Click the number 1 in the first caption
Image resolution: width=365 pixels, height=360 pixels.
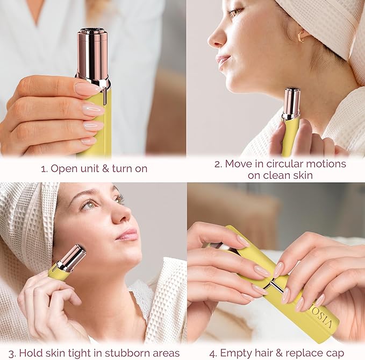[x=43, y=168]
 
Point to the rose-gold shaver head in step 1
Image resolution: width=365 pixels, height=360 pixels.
[x=93, y=54]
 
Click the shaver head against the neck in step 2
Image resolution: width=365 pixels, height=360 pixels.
[x=291, y=103]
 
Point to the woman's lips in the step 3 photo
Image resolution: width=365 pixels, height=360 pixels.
[x=128, y=235]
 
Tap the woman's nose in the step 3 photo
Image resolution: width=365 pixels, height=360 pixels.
[x=121, y=214]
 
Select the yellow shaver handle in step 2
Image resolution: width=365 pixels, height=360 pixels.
[x=290, y=137]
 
